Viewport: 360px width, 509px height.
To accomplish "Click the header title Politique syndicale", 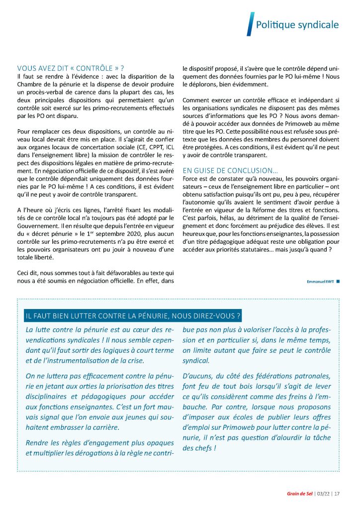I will [x=297, y=24].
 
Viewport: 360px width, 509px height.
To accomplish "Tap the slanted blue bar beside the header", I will [x=250, y=24].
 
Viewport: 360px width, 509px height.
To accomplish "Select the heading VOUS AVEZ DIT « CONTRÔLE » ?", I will [x=70, y=68].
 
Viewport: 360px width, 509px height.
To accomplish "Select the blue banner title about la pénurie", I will [x=133, y=315].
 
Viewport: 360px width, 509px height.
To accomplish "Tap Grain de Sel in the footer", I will [x=299, y=494].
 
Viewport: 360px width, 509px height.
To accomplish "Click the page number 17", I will [x=337, y=494].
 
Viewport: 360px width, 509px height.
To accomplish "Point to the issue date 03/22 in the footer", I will [x=323, y=494].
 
